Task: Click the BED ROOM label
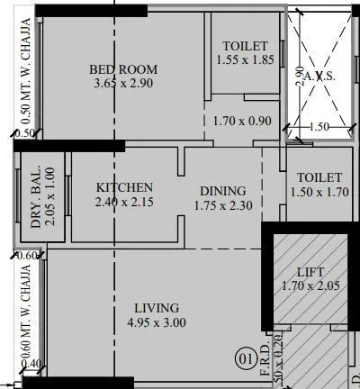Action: (123, 69)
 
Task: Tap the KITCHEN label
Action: (124, 187)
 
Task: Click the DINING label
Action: (223, 191)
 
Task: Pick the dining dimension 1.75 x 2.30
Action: (223, 205)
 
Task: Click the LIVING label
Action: (156, 308)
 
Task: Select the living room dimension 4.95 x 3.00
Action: (156, 322)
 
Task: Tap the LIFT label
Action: (310, 272)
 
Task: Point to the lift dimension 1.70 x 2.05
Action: (311, 286)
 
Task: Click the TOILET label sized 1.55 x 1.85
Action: (244, 46)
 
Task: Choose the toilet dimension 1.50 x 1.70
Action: (317, 193)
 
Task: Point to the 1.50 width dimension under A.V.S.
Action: (319, 128)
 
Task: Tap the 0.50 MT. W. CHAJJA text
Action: (26, 72)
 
